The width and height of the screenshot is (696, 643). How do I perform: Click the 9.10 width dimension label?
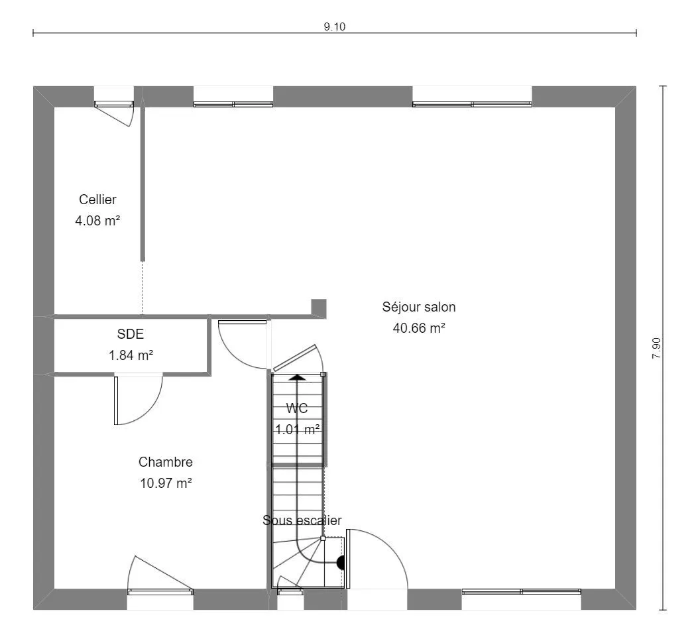334,27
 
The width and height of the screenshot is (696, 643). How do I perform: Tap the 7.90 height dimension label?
656,348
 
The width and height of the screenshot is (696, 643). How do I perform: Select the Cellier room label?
97,200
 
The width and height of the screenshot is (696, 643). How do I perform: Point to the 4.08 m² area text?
97,221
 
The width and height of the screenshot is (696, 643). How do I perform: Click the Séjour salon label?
419,307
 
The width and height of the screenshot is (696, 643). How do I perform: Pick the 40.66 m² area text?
419,328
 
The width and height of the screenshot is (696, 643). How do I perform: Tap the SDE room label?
131,333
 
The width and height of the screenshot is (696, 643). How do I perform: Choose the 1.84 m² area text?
131,355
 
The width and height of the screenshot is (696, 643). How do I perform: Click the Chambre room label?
166,462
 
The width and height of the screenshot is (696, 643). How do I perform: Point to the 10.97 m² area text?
166,483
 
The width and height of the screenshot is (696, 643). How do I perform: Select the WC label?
296,408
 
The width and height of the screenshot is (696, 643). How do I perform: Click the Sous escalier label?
302,520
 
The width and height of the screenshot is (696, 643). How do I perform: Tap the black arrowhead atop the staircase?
298,377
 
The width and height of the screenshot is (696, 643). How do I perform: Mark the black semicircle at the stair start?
341,563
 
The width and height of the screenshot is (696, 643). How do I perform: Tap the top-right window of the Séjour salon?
472,104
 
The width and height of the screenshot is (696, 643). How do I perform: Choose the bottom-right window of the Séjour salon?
522,591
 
